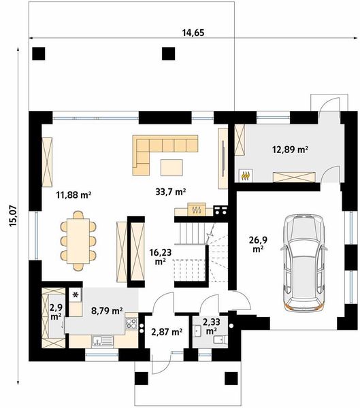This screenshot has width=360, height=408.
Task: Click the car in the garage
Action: tap(304, 262)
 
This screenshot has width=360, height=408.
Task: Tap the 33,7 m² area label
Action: tap(171, 192)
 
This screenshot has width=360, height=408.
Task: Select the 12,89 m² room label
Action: tap(290, 150)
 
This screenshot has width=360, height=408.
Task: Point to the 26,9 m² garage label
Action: tap(258, 244)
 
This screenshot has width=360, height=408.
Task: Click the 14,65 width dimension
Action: tap(193, 33)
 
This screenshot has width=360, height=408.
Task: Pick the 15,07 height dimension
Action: tap(13, 216)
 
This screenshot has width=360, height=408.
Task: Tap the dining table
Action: tap(78, 241)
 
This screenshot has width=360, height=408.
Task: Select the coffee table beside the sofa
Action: tap(171, 167)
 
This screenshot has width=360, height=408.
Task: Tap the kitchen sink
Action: tap(103, 341)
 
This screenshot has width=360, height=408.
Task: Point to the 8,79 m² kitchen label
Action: tap(107, 311)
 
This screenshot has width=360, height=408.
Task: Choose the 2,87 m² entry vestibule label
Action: tap(167, 332)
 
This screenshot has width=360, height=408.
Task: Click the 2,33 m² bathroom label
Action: tap(212, 326)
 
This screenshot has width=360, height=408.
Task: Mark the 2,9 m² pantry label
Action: tap(56, 312)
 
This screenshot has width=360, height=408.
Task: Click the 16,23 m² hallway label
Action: tap(161, 256)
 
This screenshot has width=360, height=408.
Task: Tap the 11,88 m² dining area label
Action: tap(73, 194)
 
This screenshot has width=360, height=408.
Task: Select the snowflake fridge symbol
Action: tap(76, 295)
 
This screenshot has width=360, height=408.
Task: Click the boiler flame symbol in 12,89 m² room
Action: tap(246, 176)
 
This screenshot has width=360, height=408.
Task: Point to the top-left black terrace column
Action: tap(39, 54)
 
